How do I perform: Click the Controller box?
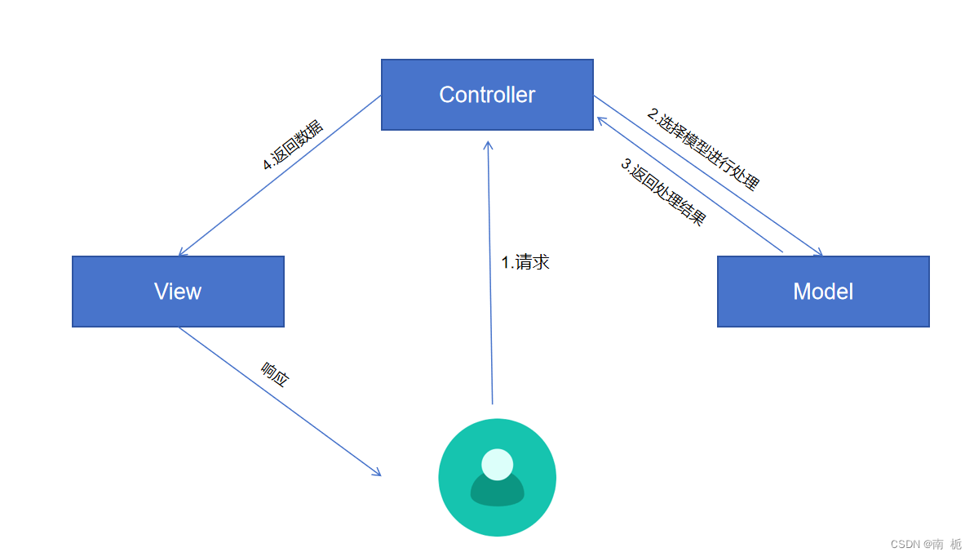click(x=487, y=114)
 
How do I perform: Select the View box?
click(x=178, y=311)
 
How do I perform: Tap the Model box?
click(x=823, y=311)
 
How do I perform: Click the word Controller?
click(x=487, y=95)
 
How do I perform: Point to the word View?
click(x=178, y=292)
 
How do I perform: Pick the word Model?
click(x=823, y=292)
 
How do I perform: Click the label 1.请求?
click(x=525, y=262)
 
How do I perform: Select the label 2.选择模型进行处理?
click(x=703, y=149)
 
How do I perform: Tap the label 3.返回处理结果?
click(x=663, y=192)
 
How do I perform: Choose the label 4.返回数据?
click(x=293, y=145)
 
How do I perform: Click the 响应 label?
click(x=275, y=373)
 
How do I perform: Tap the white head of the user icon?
click(x=497, y=464)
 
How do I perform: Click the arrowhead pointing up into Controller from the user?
click(x=488, y=144)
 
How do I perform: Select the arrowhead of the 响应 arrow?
click(x=378, y=473)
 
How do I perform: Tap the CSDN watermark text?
click(x=926, y=544)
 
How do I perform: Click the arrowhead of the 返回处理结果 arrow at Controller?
click(x=600, y=119)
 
